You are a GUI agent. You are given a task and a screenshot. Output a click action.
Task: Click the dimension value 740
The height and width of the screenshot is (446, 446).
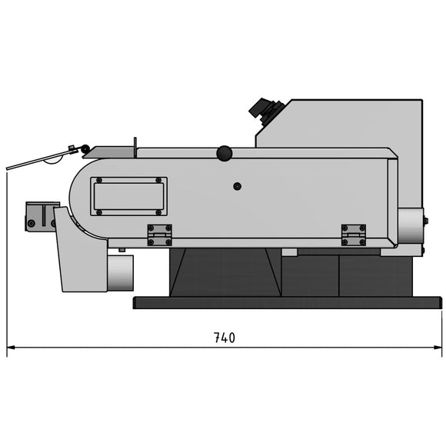(224, 338)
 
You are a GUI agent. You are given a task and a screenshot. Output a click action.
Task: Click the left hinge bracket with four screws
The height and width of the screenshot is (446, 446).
(160, 235)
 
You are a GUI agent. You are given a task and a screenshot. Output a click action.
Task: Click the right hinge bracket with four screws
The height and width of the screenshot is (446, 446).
(353, 235)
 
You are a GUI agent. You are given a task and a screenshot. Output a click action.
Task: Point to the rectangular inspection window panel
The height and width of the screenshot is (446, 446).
(128, 196)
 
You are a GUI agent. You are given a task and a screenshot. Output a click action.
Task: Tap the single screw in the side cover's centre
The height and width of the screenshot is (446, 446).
(238, 187)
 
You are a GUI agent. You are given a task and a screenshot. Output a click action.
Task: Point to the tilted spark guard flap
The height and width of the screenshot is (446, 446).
(38, 159)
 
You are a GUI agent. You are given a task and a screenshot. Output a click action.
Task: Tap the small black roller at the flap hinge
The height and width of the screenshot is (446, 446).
(85, 149)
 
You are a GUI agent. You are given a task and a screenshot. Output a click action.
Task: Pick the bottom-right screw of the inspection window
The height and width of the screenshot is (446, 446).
(159, 211)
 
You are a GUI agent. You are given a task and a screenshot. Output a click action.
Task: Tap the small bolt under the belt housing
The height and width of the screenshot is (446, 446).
(121, 249)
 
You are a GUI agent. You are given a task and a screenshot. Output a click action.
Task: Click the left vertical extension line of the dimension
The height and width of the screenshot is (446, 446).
(7, 261)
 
